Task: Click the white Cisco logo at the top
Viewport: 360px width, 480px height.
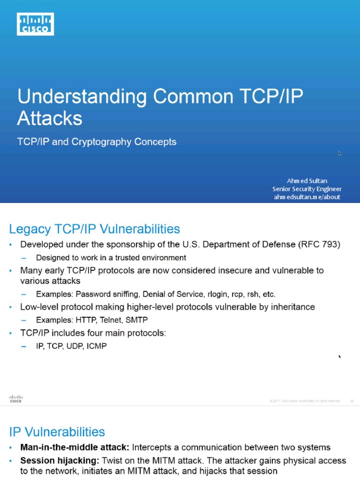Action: click(x=36, y=24)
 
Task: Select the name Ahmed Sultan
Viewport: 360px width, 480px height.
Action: click(x=307, y=180)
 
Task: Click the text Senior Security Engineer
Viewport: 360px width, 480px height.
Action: click(x=307, y=189)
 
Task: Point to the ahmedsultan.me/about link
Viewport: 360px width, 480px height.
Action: click(x=307, y=197)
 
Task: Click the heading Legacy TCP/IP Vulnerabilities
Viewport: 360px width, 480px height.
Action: click(x=95, y=229)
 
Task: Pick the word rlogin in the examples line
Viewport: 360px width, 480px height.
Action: click(x=211, y=294)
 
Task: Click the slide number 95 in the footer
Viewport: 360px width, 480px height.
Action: click(x=352, y=401)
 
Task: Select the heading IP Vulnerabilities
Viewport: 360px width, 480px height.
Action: click(x=57, y=432)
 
